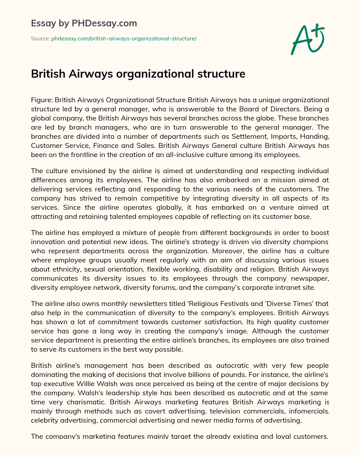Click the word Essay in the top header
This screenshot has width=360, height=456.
(43, 24)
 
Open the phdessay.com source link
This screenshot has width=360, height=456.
(124, 39)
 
